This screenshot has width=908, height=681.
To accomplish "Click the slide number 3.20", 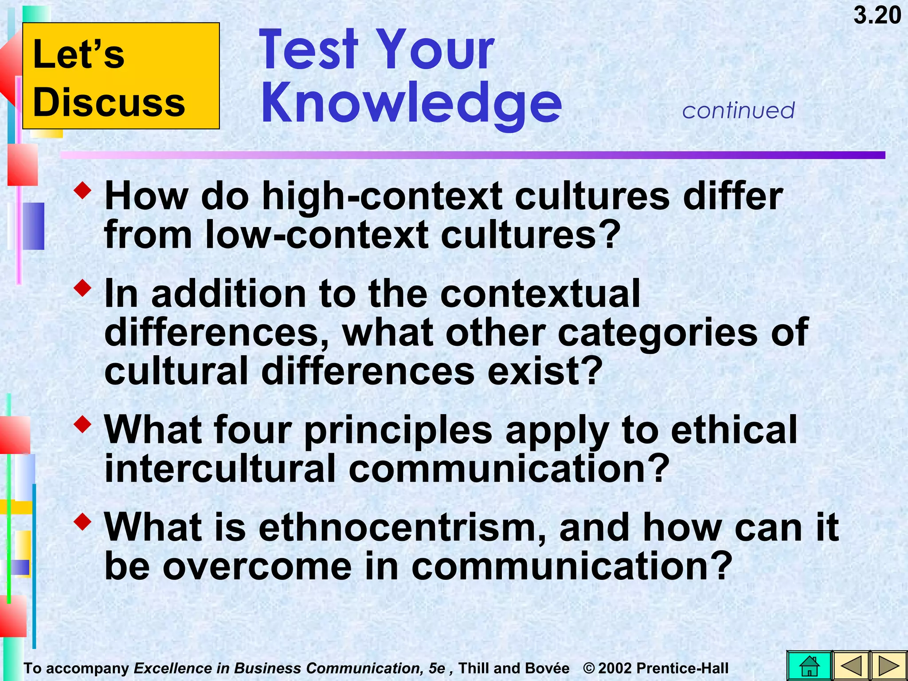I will [877, 16].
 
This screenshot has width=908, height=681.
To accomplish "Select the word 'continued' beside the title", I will [738, 110].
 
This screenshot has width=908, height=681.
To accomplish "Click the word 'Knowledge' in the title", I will [411, 104].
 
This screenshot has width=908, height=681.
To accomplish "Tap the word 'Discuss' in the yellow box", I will [109, 102].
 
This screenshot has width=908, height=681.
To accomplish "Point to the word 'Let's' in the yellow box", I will [79, 54].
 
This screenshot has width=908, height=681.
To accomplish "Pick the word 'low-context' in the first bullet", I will [317, 235].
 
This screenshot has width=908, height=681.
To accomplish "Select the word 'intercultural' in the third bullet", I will [220, 469].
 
